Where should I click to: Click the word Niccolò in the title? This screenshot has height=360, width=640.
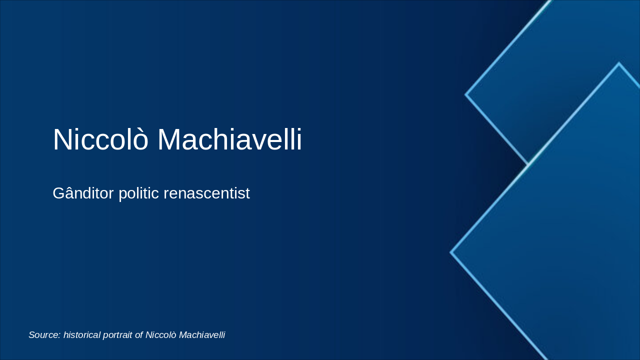pyautogui.click(x=100, y=139)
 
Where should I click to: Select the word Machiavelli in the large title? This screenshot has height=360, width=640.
pyautogui.click(x=229, y=139)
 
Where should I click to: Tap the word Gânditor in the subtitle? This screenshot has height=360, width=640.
pyautogui.click(x=83, y=193)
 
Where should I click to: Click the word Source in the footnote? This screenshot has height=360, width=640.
pyautogui.click(x=43, y=335)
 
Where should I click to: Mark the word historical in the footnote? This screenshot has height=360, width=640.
pyautogui.click(x=81, y=335)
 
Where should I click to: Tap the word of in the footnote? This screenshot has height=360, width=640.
pyautogui.click(x=139, y=335)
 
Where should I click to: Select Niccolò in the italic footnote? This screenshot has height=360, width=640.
pyautogui.click(x=160, y=335)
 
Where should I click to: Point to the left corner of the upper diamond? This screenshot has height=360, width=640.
pyautogui.click(x=466, y=94)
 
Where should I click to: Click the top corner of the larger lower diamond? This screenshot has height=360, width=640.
pyautogui.click(x=618, y=63)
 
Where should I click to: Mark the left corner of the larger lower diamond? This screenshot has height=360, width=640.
pyautogui.click(x=451, y=252)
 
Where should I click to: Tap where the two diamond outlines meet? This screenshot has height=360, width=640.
pyautogui.click(x=528, y=163)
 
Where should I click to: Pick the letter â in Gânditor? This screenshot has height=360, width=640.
pyautogui.click(x=73, y=193)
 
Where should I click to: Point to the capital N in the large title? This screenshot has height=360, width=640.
pyautogui.click(x=62, y=139)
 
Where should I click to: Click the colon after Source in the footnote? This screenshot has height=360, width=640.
pyautogui.click(x=59, y=335)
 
